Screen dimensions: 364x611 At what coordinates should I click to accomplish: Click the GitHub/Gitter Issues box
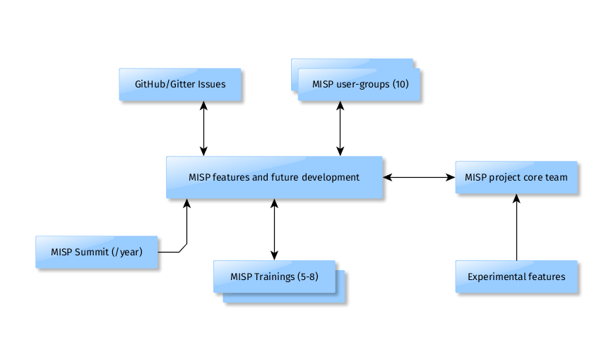(x=180, y=84)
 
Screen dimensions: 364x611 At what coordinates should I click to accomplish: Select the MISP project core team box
(x=516, y=177)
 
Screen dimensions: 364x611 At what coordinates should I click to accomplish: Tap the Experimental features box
(x=516, y=277)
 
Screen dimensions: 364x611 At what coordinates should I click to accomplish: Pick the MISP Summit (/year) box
(x=97, y=252)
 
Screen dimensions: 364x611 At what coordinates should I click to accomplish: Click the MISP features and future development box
(x=274, y=177)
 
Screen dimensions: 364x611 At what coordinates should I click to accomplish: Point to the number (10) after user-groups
(x=401, y=84)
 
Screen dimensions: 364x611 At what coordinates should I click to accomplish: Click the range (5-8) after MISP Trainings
(x=307, y=277)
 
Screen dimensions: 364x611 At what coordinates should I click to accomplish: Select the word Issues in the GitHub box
(x=212, y=84)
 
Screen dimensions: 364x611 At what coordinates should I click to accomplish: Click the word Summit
(x=91, y=252)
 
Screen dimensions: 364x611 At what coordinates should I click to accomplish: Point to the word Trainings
(x=273, y=277)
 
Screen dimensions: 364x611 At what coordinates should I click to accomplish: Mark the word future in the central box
(x=285, y=177)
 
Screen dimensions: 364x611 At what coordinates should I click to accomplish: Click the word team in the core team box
(x=557, y=177)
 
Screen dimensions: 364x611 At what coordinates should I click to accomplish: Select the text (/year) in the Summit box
(x=127, y=252)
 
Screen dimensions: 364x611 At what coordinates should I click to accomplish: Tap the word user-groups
(x=362, y=84)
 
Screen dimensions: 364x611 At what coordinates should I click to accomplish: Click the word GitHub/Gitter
(x=165, y=84)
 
